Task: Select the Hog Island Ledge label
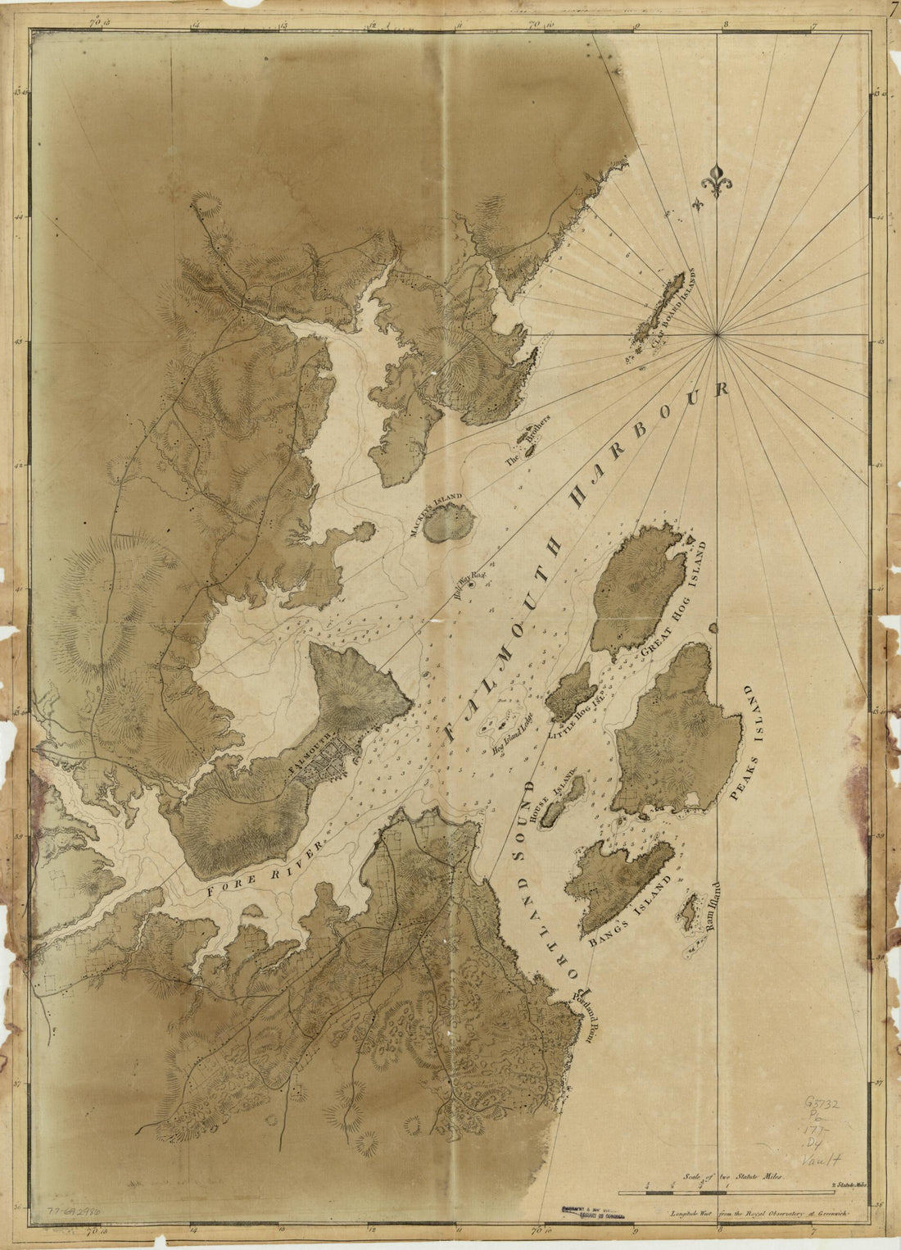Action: [x=513, y=731]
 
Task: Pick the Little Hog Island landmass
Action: [x=570, y=691]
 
